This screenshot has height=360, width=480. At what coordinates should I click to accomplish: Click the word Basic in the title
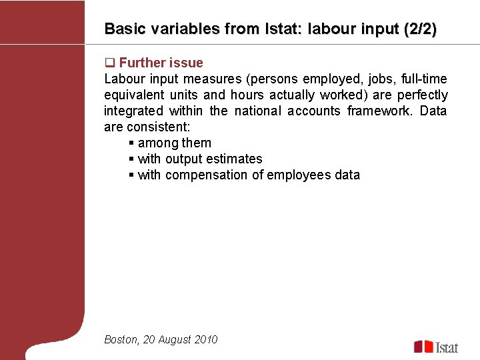click(x=121, y=29)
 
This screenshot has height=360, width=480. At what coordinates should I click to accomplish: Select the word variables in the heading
click(x=173, y=29)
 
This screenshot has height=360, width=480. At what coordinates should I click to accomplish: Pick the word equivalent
click(x=131, y=95)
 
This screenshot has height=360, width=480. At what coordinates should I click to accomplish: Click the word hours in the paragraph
click(x=247, y=95)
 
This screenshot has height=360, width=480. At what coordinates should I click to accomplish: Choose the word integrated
click(x=133, y=111)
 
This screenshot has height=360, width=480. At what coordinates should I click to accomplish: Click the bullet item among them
click(x=174, y=143)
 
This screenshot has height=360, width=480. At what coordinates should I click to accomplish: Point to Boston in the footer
click(x=121, y=339)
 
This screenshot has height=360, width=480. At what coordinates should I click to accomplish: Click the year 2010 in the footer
click(x=206, y=339)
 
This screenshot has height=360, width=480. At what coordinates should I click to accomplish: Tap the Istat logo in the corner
click(x=437, y=347)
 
